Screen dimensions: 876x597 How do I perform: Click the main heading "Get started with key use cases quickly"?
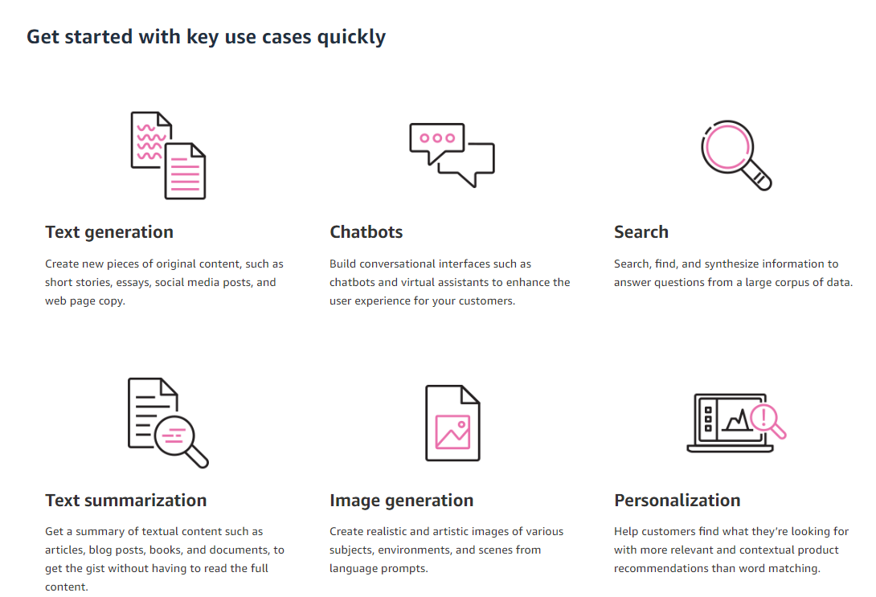(207, 38)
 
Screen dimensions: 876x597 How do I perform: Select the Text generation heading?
(109, 232)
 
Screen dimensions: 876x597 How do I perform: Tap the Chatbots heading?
(366, 231)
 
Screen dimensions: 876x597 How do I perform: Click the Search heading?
(641, 231)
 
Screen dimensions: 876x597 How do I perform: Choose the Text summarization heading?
(125, 500)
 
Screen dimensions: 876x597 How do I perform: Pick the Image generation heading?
(401, 501)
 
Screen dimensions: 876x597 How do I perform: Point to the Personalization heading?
(677, 500)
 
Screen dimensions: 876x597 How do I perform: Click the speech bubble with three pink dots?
(436, 138)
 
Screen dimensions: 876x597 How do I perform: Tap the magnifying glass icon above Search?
(736, 155)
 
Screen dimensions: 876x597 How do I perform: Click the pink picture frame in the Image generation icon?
(452, 431)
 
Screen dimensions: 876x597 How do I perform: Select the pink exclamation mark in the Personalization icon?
(763, 417)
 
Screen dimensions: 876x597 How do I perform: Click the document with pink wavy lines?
(151, 140)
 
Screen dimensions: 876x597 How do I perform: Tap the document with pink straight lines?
(185, 171)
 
